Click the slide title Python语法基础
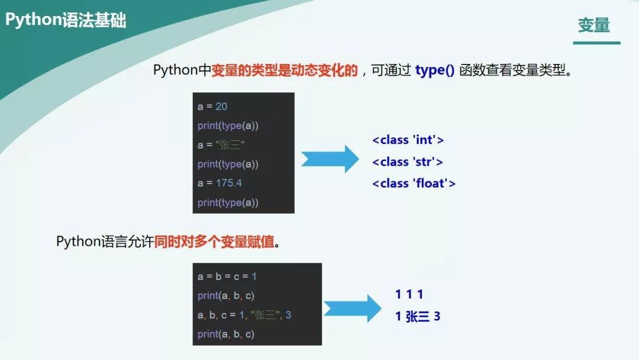click(66, 20)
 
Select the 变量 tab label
click(593, 25)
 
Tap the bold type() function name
click(435, 70)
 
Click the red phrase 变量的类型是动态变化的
click(285, 70)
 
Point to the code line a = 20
click(212, 107)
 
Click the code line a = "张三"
click(221, 145)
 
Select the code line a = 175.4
click(220, 183)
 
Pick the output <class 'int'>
click(408, 140)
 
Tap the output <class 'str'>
click(408, 162)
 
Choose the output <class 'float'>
click(414, 184)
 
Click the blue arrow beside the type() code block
click(330, 159)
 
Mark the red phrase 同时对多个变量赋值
click(215, 242)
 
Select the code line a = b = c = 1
click(227, 277)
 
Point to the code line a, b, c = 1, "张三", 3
click(244, 315)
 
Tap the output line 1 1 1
click(409, 294)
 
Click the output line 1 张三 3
click(418, 317)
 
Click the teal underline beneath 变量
click(596, 43)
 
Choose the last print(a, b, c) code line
click(226, 335)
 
